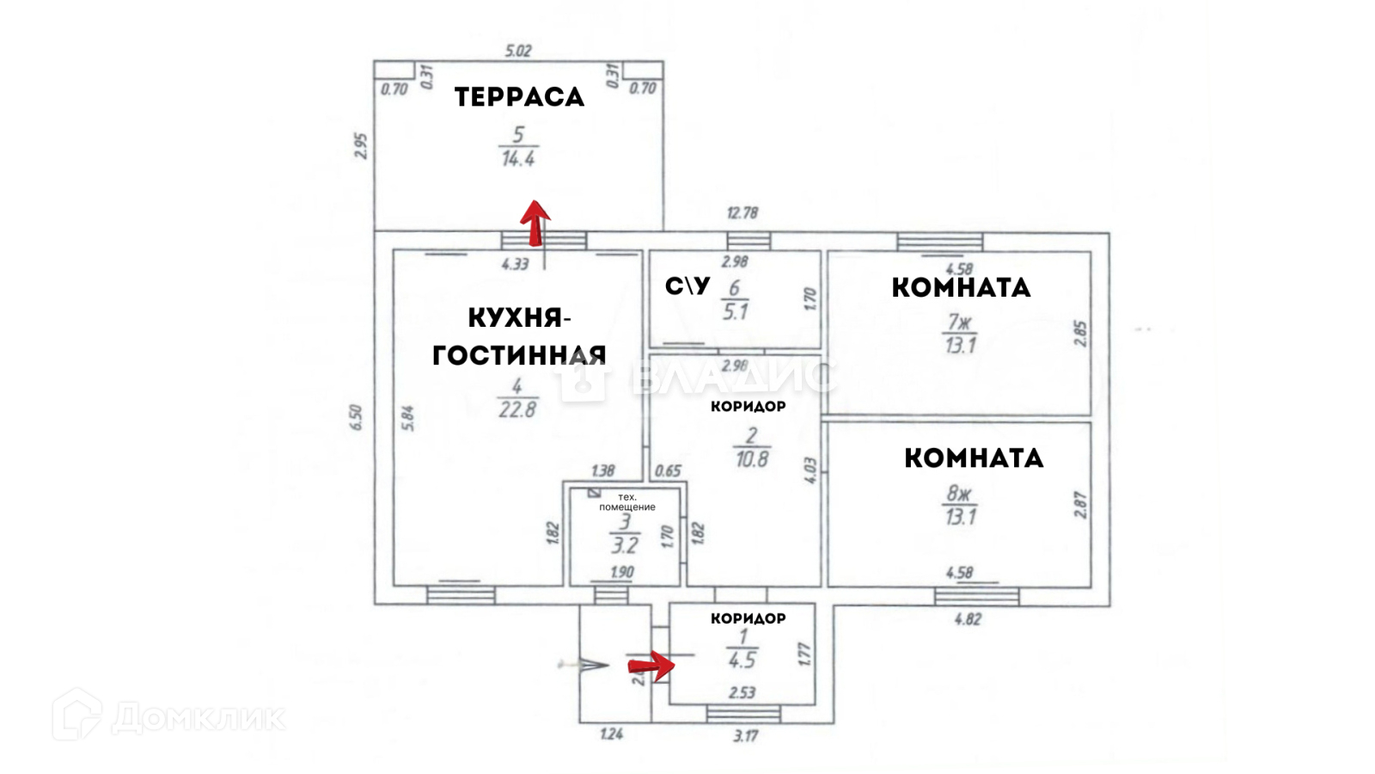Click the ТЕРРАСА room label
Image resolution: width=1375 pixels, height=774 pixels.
click(x=519, y=97)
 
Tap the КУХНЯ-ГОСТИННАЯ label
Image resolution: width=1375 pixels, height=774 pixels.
click(x=519, y=336)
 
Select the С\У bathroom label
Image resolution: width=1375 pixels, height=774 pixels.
click(x=687, y=286)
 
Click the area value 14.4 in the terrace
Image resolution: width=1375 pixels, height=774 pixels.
click(x=518, y=159)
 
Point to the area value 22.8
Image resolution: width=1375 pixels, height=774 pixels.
click(x=517, y=410)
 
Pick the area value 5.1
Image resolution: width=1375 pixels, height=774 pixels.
click(x=736, y=312)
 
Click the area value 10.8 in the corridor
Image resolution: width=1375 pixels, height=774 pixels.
click(x=752, y=459)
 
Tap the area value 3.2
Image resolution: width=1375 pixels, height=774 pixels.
click(x=625, y=545)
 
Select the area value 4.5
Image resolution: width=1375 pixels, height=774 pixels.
click(x=742, y=660)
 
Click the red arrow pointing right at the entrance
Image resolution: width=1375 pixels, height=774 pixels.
click(x=651, y=665)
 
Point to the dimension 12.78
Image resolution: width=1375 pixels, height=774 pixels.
click(x=742, y=212)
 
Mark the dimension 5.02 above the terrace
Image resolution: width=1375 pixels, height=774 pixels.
click(x=518, y=51)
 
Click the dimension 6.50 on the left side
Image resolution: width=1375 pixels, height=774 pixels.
click(x=357, y=417)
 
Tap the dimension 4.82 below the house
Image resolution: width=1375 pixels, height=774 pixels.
click(x=968, y=618)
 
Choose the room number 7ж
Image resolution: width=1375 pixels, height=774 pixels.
click(x=959, y=322)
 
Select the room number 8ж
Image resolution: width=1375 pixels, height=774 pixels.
click(x=958, y=494)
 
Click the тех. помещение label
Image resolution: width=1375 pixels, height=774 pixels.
click(x=627, y=502)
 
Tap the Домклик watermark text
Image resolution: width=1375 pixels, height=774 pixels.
click(x=198, y=717)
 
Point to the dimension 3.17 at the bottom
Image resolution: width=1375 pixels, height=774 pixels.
click(x=745, y=736)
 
